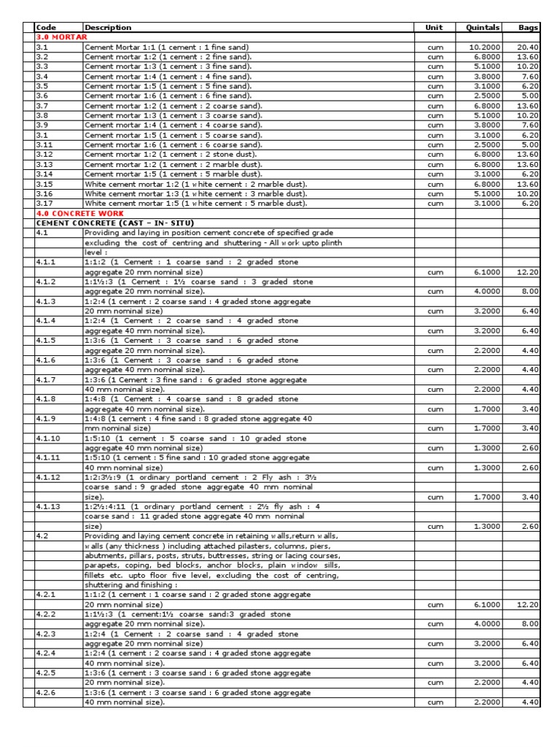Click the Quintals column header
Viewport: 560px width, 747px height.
pos(483,28)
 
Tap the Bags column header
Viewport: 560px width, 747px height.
pos(529,28)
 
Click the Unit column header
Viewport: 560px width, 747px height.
pos(434,28)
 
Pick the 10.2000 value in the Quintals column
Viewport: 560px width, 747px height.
pos(485,47)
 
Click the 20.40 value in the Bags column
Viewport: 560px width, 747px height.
pos(529,47)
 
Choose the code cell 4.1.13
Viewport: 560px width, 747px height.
pos(48,506)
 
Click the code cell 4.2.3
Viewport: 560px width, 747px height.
pos(46,634)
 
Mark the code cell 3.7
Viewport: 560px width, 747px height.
pos(42,106)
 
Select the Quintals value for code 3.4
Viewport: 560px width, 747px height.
pos(487,76)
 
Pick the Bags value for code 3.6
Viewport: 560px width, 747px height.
pos(531,96)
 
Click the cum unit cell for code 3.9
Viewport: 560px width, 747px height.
pos(435,125)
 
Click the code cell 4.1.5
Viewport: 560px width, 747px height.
pos(46,341)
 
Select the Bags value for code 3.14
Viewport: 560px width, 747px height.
pos(531,174)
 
